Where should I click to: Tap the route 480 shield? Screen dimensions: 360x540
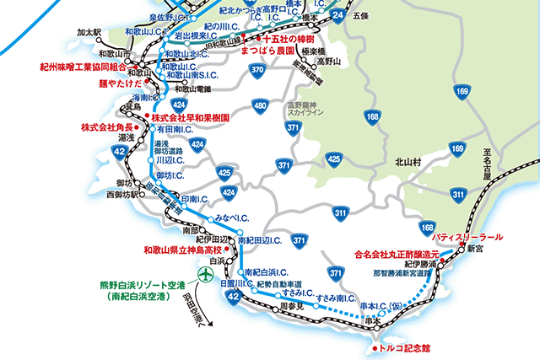(261, 106)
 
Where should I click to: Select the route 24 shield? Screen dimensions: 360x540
(337, 16)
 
